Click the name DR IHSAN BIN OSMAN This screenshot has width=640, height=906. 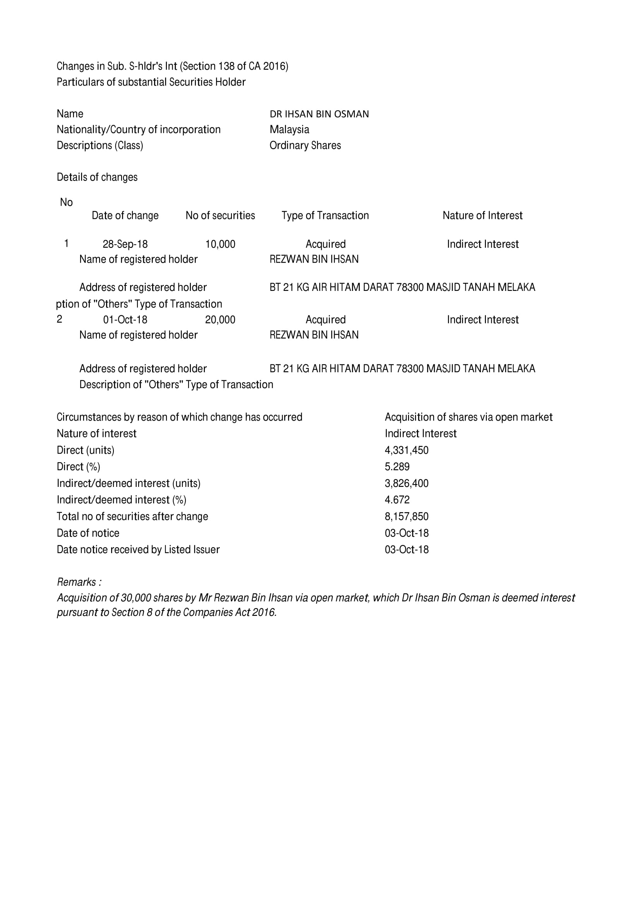click(319, 114)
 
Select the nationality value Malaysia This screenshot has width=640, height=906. click(289, 129)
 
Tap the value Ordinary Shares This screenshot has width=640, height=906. click(305, 145)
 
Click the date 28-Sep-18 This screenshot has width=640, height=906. click(125, 244)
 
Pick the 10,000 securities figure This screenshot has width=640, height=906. click(220, 244)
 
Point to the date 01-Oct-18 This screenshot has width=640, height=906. click(125, 319)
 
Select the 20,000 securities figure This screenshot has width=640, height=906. click(220, 319)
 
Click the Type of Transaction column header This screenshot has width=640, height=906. click(325, 215)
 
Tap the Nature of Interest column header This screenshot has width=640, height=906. click(482, 215)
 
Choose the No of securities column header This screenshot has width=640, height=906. click(220, 215)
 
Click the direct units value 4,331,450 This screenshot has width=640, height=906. click(406, 450)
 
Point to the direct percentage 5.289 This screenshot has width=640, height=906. click(397, 467)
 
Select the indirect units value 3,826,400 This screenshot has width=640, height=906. click(406, 483)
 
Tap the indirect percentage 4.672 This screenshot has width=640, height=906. click(397, 500)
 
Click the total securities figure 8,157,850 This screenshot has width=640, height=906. click(406, 517)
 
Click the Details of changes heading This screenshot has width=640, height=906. click(97, 177)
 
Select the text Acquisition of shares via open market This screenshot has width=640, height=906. click(468, 417)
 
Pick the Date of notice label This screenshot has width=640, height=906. click(88, 533)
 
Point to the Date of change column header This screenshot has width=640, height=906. click(125, 215)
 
